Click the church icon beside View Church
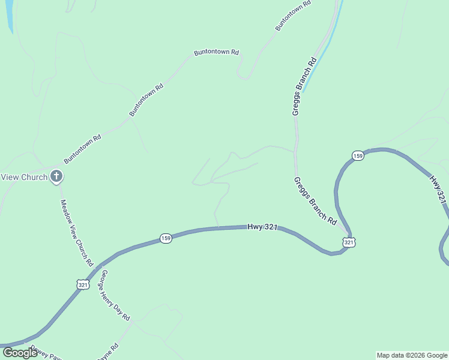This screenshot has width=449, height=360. click(56, 176)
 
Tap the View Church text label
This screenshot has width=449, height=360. click(24, 177)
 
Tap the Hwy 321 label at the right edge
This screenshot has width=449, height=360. click(438, 189)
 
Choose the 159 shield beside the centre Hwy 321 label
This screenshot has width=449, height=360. click(166, 238)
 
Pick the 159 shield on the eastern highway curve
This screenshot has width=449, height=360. click(358, 155)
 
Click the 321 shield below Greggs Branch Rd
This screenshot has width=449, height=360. click(349, 242)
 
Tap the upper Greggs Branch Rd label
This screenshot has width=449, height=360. click(304, 86)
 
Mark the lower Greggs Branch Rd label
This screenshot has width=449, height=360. click(315, 200)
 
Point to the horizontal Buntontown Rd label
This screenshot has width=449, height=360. click(216, 53)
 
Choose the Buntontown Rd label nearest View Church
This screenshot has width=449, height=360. click(83, 149)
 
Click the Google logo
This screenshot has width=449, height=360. click(20, 353)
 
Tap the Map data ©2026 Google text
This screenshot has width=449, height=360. click(412, 355)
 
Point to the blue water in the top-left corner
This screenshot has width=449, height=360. click(9, 15)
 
